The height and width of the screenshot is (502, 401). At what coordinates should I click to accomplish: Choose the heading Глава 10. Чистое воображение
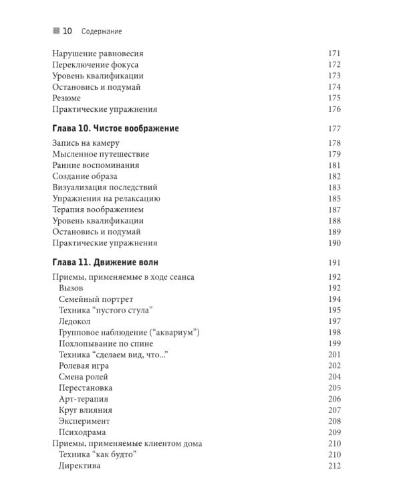[x=115, y=128]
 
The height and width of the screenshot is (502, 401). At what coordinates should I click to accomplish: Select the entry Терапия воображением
[x=98, y=210]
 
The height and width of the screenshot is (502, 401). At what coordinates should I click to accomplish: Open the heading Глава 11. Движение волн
[x=105, y=262]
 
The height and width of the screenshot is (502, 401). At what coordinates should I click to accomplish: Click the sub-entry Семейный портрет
[x=96, y=299]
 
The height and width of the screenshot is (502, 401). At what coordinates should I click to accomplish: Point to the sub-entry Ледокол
[x=76, y=321]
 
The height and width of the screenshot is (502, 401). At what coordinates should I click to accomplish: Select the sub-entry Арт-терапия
[x=84, y=399]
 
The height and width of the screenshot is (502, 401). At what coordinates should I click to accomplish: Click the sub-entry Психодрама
[x=84, y=432]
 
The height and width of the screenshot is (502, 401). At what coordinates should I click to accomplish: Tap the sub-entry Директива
[x=80, y=466]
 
